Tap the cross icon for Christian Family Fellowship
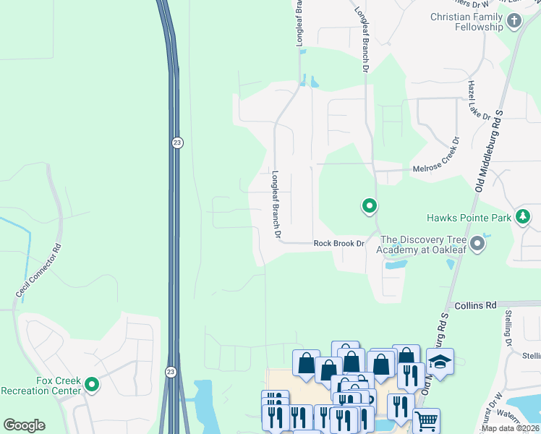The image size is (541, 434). click(514, 21)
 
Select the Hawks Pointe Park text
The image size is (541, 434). click(468, 217)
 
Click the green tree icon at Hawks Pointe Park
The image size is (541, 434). click(522, 216)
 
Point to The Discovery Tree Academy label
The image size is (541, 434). click(420, 244)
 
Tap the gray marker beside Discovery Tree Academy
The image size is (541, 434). click(477, 244)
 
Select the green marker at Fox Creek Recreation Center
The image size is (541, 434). click(92, 385)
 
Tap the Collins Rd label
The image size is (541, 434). click(472, 305)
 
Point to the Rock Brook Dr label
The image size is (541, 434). click(338, 244)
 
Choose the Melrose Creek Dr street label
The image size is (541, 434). click(437, 168)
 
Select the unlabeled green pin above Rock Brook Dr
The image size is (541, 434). click(370, 207)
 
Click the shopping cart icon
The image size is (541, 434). click(426, 420)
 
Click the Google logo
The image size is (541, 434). click(24, 425)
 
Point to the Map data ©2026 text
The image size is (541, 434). click(510, 428)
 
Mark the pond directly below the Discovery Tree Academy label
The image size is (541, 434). click(396, 265)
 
